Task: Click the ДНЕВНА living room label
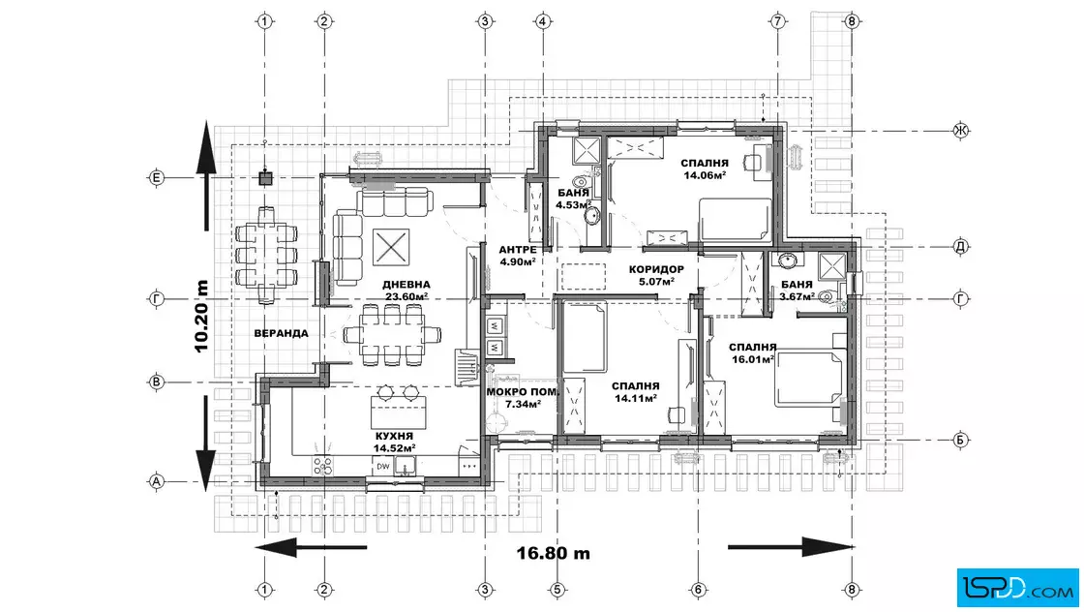point(406,285)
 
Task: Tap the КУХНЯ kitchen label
point(394,437)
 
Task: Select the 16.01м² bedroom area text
point(753,359)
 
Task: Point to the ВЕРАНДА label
point(281,333)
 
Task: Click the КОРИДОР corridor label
point(656,270)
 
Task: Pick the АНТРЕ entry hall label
point(517,250)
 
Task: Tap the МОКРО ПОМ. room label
point(522,392)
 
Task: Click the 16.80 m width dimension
point(553,553)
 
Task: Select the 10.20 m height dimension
point(201,316)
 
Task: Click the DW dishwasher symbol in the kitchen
point(383,466)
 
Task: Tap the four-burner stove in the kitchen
point(323,466)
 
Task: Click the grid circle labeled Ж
point(961,131)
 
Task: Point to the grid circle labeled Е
point(156,178)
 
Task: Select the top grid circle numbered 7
point(778,21)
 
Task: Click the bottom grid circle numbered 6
point(698,590)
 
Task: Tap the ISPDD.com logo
point(1017,588)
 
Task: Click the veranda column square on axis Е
point(265,178)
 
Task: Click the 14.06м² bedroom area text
point(705,175)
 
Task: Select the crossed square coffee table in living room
point(391,247)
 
